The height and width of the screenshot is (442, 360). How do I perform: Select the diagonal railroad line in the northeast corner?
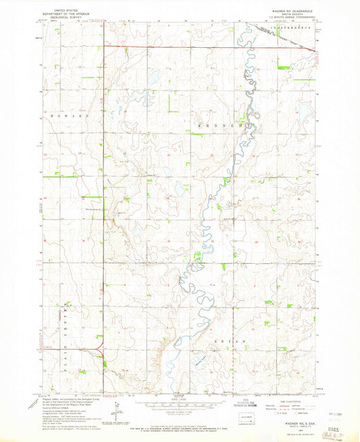284,36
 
